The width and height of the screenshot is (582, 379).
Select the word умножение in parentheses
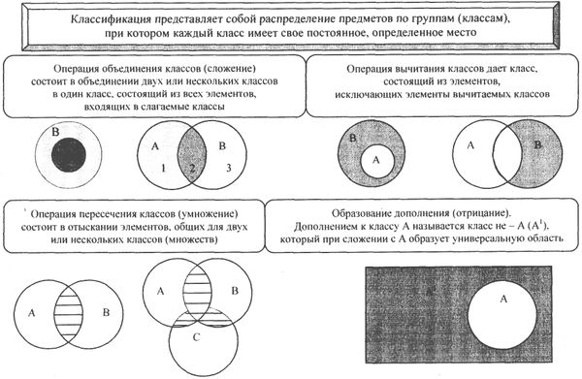(x=228, y=211)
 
